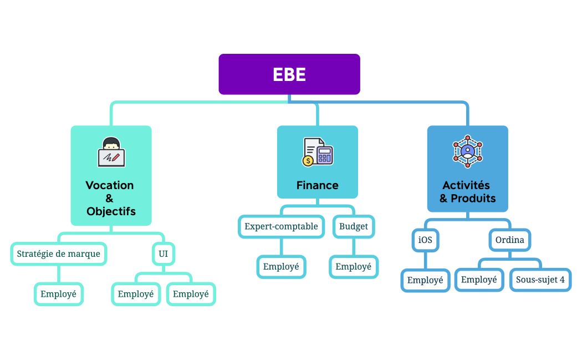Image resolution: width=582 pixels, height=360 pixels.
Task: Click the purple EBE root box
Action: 289,74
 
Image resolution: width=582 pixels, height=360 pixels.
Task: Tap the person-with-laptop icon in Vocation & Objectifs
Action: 111,152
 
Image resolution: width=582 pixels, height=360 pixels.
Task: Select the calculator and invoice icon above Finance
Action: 318,152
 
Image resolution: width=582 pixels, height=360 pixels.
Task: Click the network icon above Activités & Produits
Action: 468,151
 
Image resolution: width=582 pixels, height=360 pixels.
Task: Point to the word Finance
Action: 318,185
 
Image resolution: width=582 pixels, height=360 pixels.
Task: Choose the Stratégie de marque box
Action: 59,254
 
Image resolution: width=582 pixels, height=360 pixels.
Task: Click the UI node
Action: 164,254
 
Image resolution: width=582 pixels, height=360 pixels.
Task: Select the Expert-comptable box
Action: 282,226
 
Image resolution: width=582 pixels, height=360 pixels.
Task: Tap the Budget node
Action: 354,226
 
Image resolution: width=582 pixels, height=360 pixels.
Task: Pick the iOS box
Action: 425,240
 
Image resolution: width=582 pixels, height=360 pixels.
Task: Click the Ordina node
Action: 509,240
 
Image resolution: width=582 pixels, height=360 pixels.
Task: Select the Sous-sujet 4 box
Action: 540,280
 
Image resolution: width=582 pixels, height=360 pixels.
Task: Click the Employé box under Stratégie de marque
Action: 59,294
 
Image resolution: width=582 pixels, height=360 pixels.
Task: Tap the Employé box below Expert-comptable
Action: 281,267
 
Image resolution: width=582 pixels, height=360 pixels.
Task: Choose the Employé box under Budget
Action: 354,267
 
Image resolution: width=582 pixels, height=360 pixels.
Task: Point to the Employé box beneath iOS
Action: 425,280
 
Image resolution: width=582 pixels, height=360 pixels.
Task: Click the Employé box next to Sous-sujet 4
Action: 479,280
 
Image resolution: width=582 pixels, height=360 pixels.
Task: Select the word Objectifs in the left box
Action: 111,211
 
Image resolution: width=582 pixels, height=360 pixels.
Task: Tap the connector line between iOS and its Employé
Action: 425,260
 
